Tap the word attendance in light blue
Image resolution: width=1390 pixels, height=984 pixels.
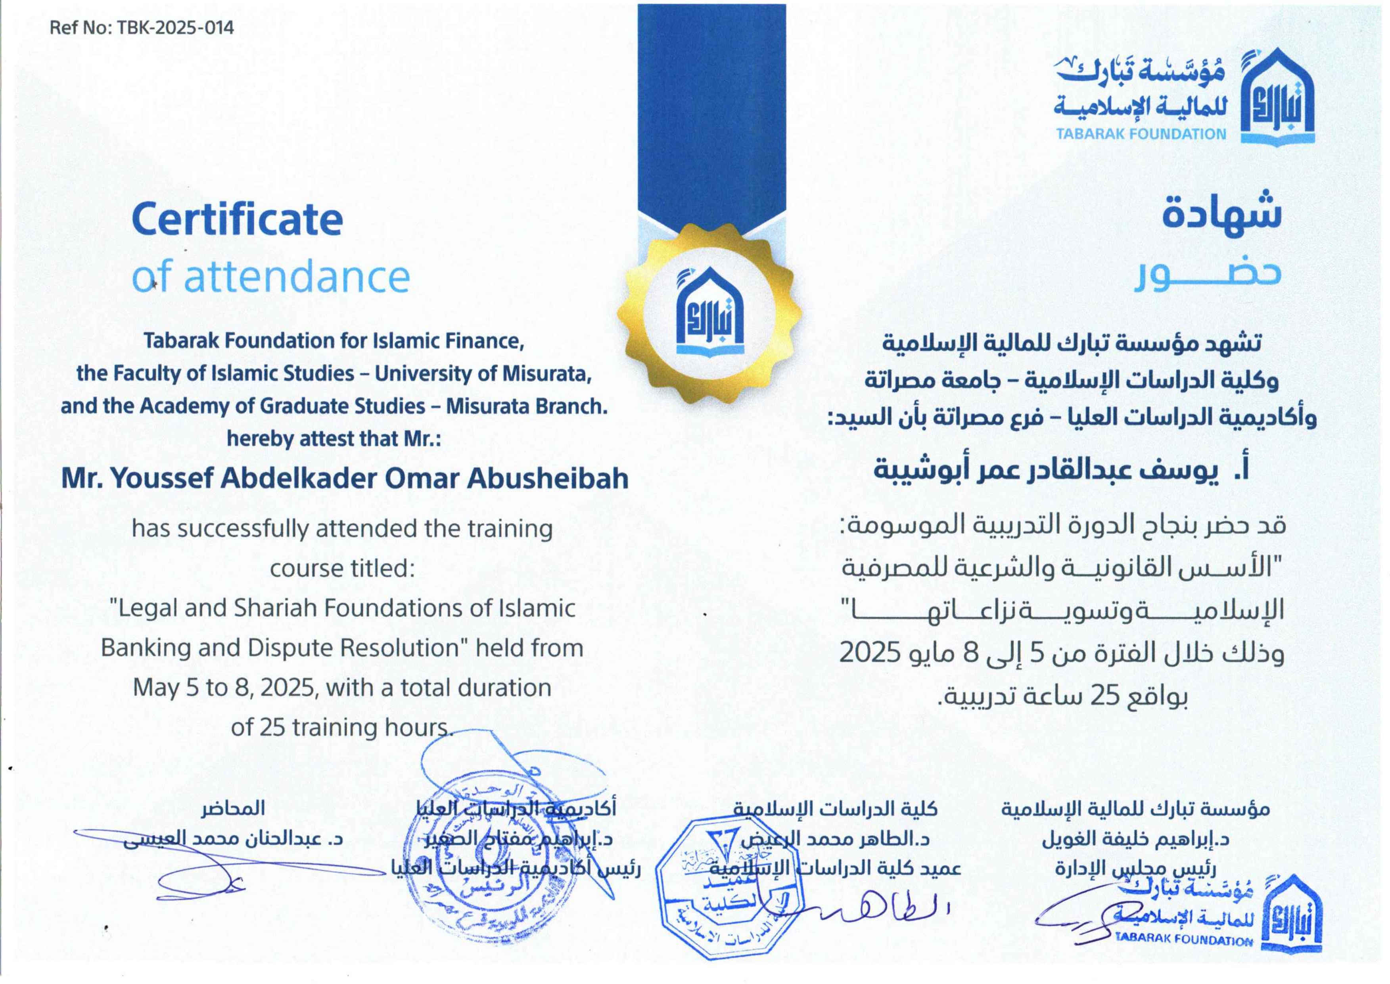(297, 277)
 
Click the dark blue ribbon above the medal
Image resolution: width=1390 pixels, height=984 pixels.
(711, 109)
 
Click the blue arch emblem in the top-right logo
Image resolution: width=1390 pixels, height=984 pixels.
(1277, 97)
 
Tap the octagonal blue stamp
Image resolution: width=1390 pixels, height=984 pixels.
(727, 888)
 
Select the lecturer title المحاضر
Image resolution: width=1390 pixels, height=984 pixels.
(233, 808)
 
